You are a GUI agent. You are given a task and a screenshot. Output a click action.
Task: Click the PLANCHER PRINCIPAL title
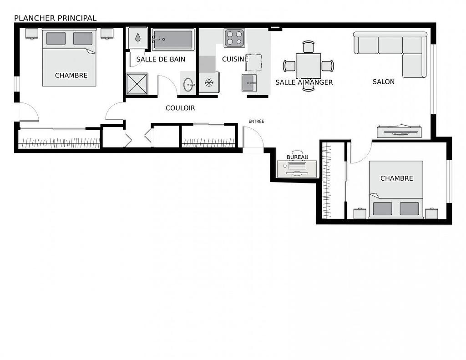[55, 18]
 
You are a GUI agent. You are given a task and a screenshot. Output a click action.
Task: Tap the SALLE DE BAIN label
[161, 59]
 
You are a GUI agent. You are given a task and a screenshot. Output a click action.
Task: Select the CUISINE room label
[235, 59]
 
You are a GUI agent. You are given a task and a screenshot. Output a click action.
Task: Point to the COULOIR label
[180, 108]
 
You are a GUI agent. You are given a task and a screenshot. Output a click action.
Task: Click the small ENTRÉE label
[256, 122]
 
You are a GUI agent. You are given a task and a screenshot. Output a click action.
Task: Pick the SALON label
[383, 82]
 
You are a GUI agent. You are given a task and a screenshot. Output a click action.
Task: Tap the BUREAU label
[297, 157]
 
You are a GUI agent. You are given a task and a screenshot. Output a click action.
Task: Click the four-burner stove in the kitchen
[234, 38]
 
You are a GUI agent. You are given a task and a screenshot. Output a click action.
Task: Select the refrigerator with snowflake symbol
[209, 82]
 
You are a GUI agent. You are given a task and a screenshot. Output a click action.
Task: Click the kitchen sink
[249, 83]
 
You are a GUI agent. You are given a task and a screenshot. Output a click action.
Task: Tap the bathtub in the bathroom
[173, 40]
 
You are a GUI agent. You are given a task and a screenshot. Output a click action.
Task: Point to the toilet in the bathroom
[137, 38]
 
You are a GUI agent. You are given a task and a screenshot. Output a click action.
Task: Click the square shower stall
[137, 83]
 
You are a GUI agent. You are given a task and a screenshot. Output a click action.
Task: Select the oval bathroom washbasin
[188, 84]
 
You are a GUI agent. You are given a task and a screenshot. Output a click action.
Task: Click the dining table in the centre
[309, 66]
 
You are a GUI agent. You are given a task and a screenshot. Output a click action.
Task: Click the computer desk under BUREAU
[297, 169]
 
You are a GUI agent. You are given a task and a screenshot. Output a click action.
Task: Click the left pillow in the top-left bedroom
[56, 39]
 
